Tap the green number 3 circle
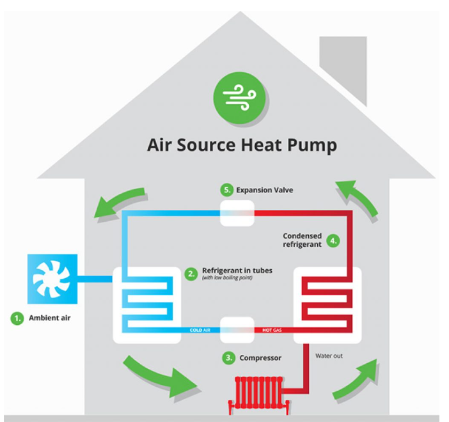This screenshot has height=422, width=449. pos(228,358)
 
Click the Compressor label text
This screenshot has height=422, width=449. pos(260,358)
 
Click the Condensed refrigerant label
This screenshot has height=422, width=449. pos(303,240)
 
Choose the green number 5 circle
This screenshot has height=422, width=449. pos(225,190)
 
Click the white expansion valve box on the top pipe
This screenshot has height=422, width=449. pos(238,212)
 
